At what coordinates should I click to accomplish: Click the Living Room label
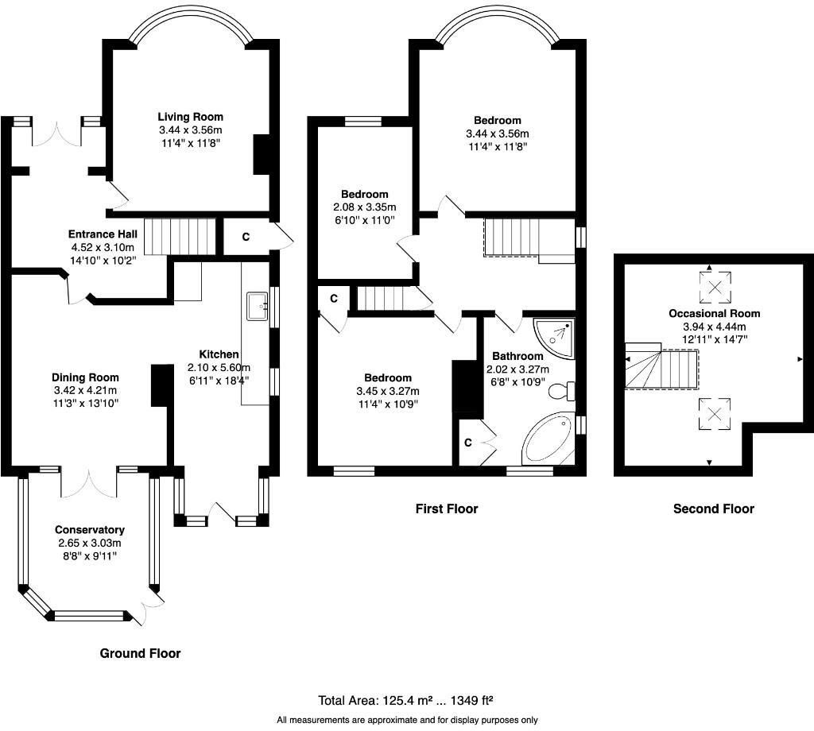(x=191, y=117)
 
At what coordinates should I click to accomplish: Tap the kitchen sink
(x=258, y=307)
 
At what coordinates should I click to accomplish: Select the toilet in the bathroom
(x=562, y=391)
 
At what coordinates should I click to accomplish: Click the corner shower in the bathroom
(x=554, y=338)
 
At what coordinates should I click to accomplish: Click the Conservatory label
(x=90, y=530)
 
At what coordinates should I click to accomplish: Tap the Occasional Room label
(x=715, y=313)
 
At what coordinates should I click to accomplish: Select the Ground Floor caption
(x=140, y=653)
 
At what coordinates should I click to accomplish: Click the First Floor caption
(x=447, y=509)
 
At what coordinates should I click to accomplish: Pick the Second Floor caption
(x=714, y=509)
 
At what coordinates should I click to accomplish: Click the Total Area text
(x=405, y=701)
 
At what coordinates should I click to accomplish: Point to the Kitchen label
(x=219, y=354)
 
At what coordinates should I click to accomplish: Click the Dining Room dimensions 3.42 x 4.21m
(x=85, y=391)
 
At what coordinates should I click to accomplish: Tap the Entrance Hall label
(x=103, y=234)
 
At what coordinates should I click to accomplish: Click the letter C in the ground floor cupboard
(x=246, y=237)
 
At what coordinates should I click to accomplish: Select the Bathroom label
(x=517, y=357)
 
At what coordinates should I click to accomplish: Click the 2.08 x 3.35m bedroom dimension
(x=364, y=207)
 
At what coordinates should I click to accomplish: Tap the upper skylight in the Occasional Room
(x=715, y=287)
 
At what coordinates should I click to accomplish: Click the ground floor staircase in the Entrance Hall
(x=180, y=237)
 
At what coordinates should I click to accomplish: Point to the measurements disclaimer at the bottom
(x=407, y=720)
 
